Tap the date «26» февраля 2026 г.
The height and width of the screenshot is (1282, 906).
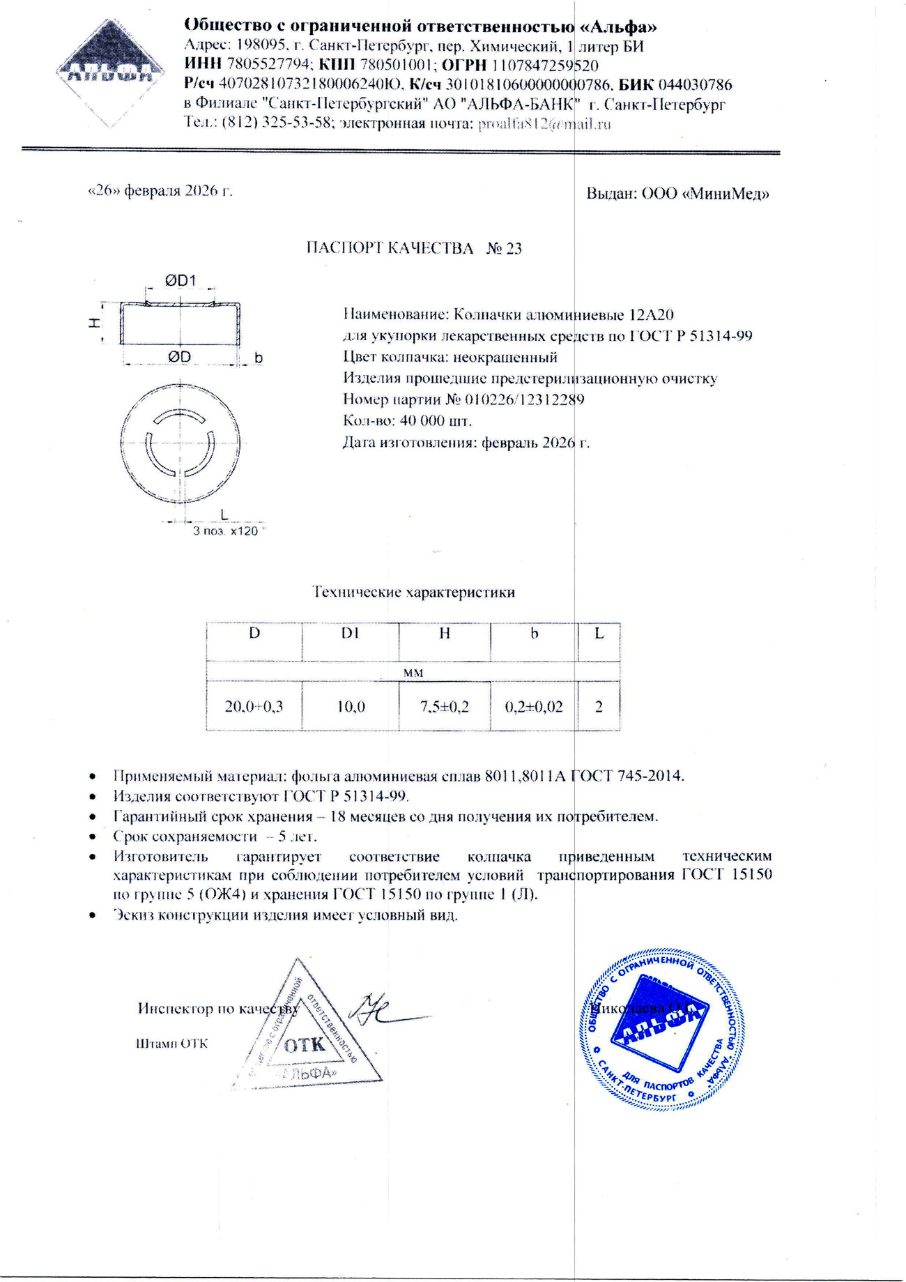pyautogui.click(x=160, y=191)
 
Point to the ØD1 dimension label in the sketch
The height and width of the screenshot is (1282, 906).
pyautogui.click(x=181, y=280)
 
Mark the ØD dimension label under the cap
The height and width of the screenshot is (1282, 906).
pyautogui.click(x=179, y=357)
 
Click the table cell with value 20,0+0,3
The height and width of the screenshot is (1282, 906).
pyautogui.click(x=254, y=706)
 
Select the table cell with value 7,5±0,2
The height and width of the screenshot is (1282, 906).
pyautogui.click(x=444, y=706)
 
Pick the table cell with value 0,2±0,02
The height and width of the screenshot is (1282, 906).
pyautogui.click(x=534, y=706)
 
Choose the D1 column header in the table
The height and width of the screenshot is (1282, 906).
pyautogui.click(x=349, y=633)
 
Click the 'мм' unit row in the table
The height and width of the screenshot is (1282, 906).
pyautogui.click(x=413, y=673)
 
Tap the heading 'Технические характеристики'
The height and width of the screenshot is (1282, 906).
pyautogui.click(x=413, y=593)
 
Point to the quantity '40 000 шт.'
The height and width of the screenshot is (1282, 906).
pyautogui.click(x=427, y=421)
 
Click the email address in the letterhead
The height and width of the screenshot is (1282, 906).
pyautogui.click(x=544, y=125)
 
